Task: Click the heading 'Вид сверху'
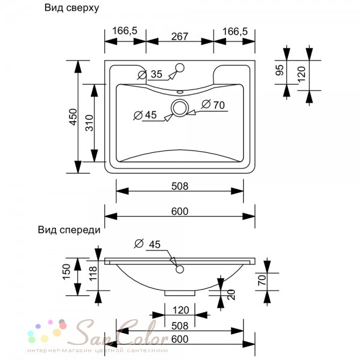tap(71, 8)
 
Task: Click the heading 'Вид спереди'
tap(69, 230)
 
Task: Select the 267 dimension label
tap(180, 36)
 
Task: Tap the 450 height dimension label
tap(73, 117)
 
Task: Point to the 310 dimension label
tap(89, 123)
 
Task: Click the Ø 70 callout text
tap(213, 104)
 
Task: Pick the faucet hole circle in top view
tap(179, 68)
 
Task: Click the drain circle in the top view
tap(180, 108)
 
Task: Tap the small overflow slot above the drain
tap(180, 92)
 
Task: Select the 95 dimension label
tap(280, 70)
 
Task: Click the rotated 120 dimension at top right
tap(301, 74)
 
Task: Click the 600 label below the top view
tap(180, 211)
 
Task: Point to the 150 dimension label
tap(67, 272)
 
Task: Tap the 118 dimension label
tap(93, 274)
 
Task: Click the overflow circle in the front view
tap(180, 269)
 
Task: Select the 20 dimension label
tap(232, 295)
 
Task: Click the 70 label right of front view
tap(262, 280)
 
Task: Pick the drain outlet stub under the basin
tap(180, 293)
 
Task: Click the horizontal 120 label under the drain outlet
tap(181, 310)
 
